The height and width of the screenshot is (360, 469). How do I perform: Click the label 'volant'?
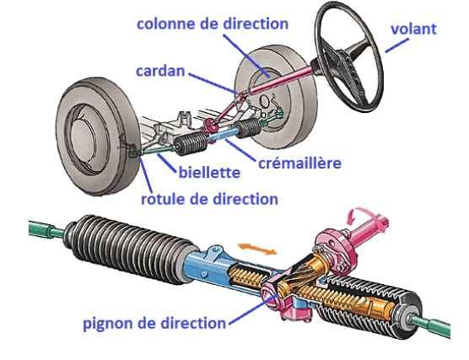(413, 29)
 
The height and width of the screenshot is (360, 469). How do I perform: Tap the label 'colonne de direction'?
(213, 24)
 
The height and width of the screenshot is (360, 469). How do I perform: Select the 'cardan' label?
(160, 71)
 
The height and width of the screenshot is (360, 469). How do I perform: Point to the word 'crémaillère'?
(299, 163)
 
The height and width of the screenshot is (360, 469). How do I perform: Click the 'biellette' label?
(209, 172)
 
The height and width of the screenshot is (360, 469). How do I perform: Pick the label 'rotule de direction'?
(209, 199)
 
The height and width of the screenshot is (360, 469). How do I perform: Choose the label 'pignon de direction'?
(154, 324)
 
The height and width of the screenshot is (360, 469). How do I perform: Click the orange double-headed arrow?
(257, 249)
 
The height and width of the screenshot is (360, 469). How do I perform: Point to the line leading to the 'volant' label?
(397, 46)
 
